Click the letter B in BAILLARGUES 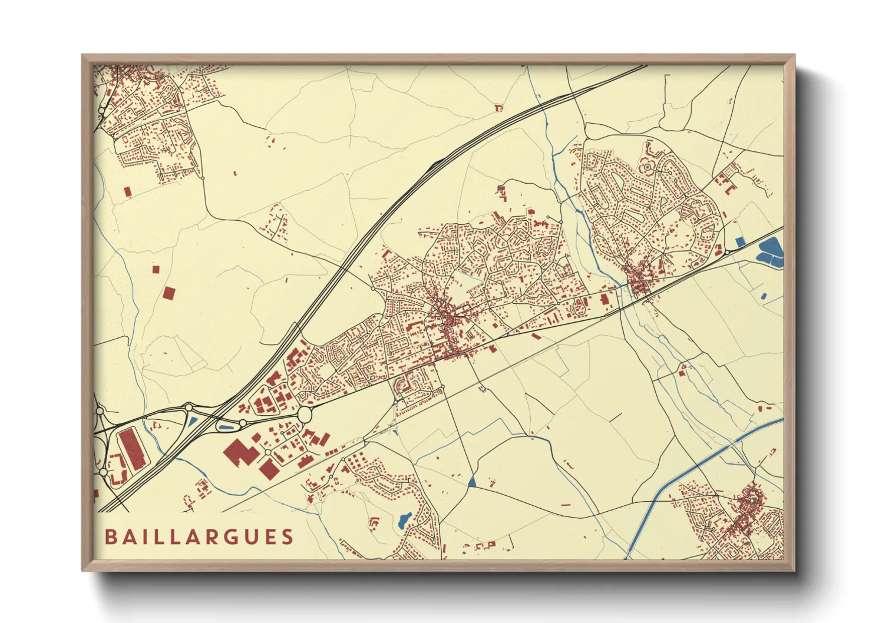[110, 537]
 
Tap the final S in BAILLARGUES [288, 537]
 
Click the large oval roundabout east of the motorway [305, 414]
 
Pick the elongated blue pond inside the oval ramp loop [226, 427]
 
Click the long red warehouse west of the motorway [131, 449]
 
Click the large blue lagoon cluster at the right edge [771, 251]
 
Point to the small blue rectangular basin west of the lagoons [740, 241]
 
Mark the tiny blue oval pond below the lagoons [764, 296]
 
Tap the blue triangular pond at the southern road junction [472, 482]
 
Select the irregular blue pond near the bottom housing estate [404, 519]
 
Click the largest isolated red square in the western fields [169, 293]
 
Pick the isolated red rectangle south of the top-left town [127, 191]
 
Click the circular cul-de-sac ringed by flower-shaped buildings [647, 167]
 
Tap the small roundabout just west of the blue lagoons [727, 252]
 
